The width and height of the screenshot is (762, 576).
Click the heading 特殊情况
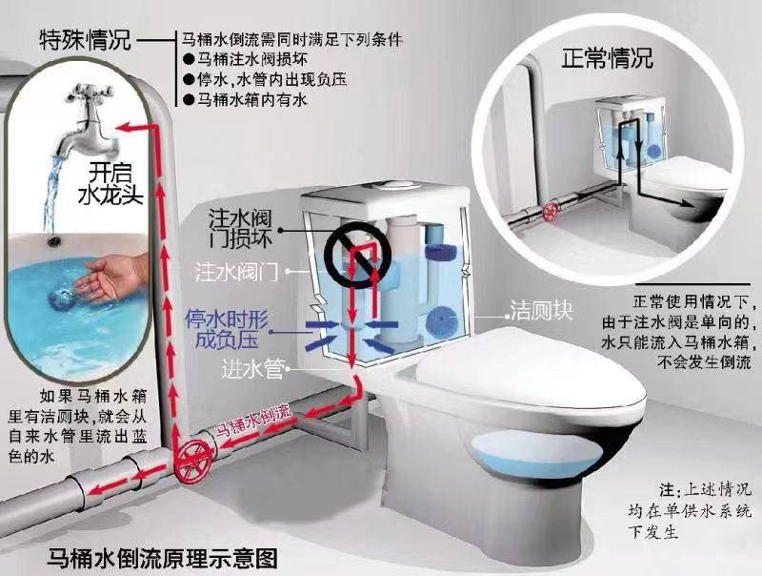pos(85,39)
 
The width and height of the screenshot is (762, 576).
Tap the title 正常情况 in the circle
pos(608,58)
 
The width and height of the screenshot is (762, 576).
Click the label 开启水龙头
pos(110,184)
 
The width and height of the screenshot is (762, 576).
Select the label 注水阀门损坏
pos(240,229)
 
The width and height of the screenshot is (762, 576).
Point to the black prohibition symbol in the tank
pos(358,253)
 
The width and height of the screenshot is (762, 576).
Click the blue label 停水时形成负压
pos(227,329)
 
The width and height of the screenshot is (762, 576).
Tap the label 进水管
pos(252,369)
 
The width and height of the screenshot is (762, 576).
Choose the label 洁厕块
pos(541,310)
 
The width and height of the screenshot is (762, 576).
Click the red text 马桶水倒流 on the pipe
pos(253,420)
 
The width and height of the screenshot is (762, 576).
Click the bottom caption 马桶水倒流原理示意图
pos(162,558)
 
